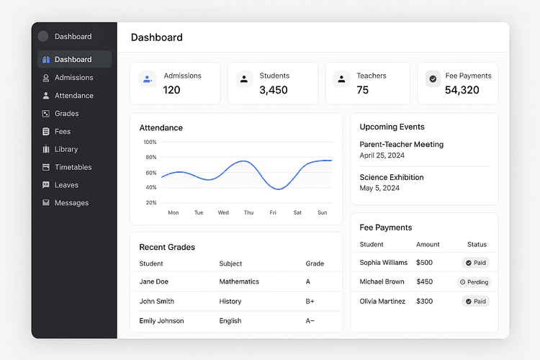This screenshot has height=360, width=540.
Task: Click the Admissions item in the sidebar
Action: [x=73, y=78]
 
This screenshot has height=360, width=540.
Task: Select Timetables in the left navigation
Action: [x=73, y=167]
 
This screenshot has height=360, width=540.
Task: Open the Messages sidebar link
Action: [x=71, y=203]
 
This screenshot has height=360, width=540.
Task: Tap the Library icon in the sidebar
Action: [x=46, y=149]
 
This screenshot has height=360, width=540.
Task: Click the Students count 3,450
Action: [x=274, y=90]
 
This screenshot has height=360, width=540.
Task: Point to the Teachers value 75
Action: [x=363, y=90]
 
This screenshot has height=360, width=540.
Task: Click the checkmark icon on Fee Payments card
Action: [x=433, y=79]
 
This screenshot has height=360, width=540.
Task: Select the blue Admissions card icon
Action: [x=148, y=79]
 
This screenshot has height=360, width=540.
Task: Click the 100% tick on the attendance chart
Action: [x=150, y=142]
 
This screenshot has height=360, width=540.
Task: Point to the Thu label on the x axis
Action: [x=248, y=212]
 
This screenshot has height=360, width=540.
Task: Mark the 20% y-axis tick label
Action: [x=151, y=202]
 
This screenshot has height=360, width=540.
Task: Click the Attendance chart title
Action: [x=161, y=127]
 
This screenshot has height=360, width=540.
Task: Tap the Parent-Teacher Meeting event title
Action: [x=401, y=145]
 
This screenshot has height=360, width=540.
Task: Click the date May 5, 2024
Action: [x=379, y=188]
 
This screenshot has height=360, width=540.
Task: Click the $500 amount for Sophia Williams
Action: [x=424, y=263]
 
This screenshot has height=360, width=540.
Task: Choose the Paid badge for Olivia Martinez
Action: [x=475, y=301]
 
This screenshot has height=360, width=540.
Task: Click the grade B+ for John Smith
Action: [x=310, y=301]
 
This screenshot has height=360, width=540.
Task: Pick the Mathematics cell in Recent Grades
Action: [x=239, y=282]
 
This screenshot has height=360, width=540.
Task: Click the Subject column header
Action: [x=230, y=264]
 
